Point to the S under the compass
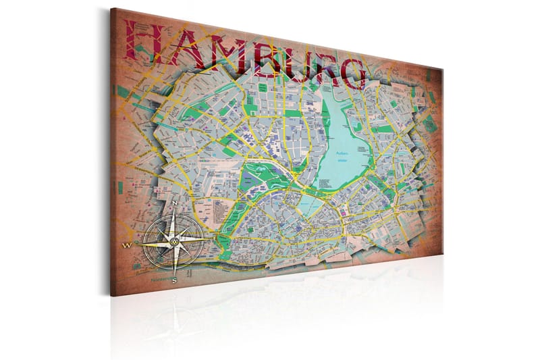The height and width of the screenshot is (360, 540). pos(174,279)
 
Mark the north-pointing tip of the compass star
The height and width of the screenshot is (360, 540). pos(175,209)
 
